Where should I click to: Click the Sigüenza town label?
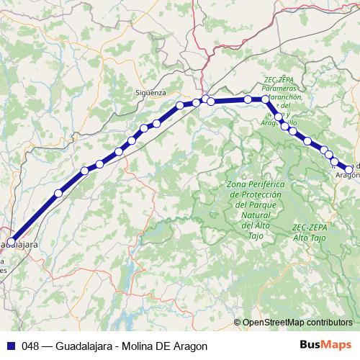pos(151,93)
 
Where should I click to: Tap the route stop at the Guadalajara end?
pos(11,242)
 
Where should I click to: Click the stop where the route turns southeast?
pos(266,99)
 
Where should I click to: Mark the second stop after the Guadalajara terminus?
pos(84,171)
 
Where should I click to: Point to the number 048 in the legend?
pos(30,345)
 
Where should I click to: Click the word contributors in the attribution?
pos(330,323)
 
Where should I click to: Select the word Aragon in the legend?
pos(190,345)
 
